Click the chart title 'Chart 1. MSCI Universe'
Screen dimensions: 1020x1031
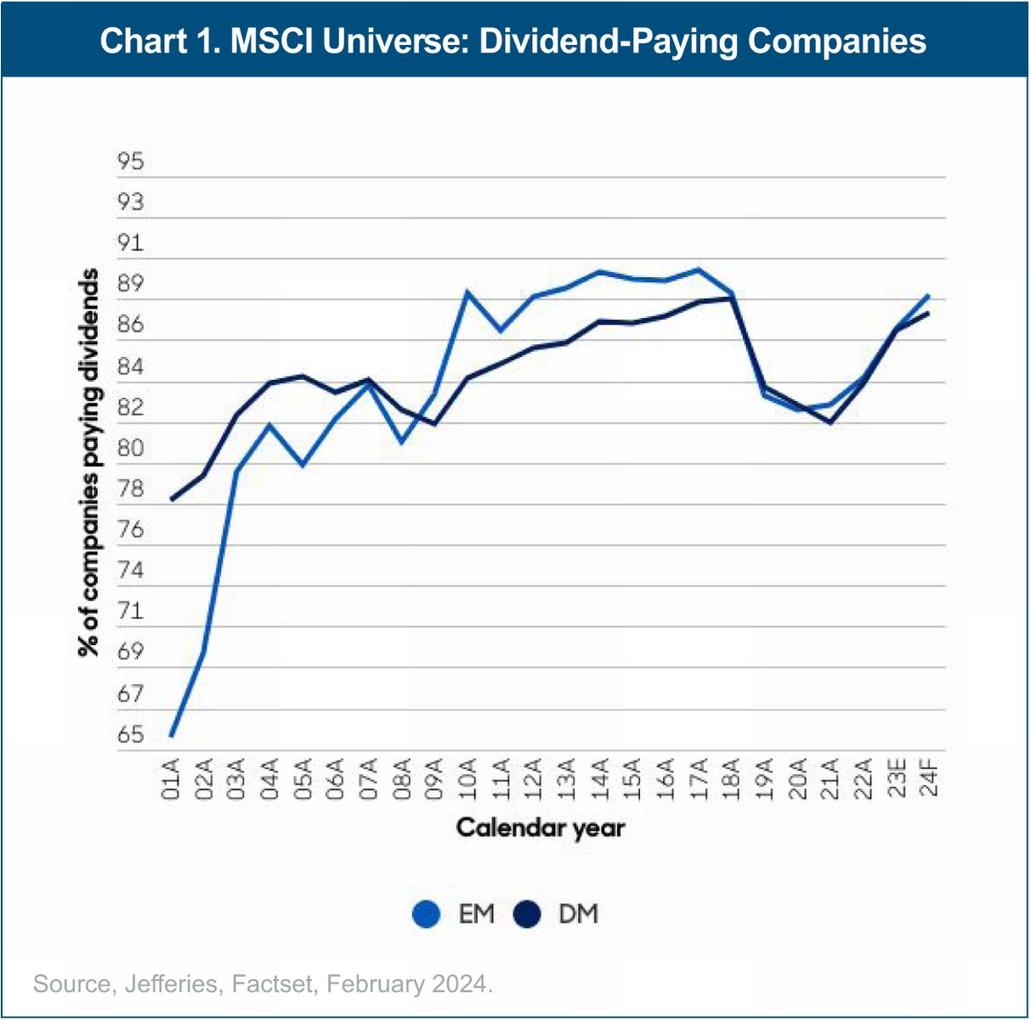point(513,41)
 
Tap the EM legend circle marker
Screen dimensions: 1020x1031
point(426,915)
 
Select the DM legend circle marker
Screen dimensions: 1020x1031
point(528,915)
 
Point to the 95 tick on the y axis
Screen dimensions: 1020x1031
point(131,161)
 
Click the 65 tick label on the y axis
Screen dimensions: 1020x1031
point(131,735)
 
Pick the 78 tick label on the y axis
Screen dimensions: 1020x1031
point(131,490)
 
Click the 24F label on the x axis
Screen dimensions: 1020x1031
point(928,781)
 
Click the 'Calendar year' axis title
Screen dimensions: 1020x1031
point(541,828)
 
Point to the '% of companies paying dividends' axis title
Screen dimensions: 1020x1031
point(88,462)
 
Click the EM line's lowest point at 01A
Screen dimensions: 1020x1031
point(171,735)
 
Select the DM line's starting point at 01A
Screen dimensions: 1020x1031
point(171,500)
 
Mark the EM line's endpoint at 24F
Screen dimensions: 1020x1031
point(928,296)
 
